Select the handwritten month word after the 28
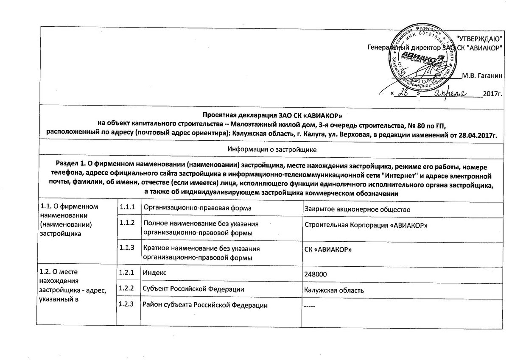(450, 93)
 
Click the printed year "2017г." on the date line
(492, 93)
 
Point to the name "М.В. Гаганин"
(481, 76)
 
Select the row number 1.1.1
(127, 207)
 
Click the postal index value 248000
(315, 274)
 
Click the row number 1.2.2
(127, 289)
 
